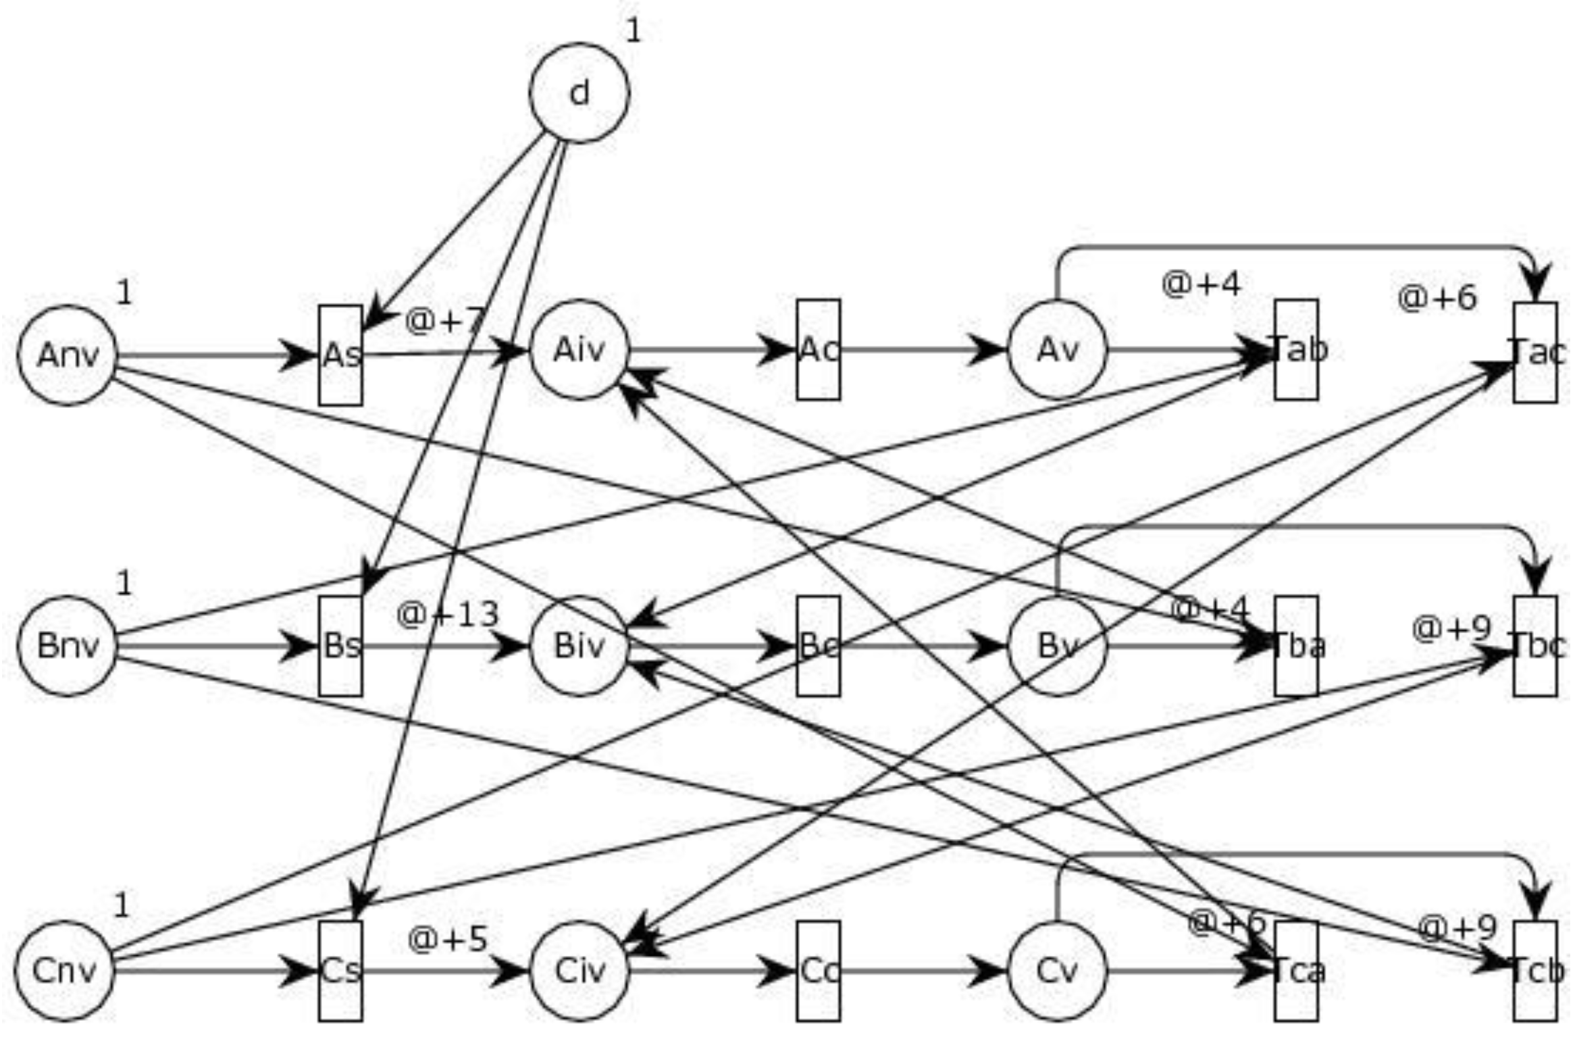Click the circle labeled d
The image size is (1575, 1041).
(x=579, y=93)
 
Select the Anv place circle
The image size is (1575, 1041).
(x=67, y=355)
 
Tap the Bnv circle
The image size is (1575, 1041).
(x=67, y=646)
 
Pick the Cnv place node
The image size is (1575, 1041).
(x=65, y=971)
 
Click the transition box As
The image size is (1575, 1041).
(x=340, y=355)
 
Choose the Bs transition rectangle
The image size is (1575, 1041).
(x=340, y=646)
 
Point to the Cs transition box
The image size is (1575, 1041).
(x=340, y=971)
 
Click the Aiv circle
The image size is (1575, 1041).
(x=579, y=350)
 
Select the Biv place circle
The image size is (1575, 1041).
(x=579, y=646)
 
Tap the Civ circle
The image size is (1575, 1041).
(x=579, y=971)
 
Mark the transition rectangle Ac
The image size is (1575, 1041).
(x=818, y=350)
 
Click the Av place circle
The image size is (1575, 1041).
(x=1057, y=350)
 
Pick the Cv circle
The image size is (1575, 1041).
(x=1057, y=971)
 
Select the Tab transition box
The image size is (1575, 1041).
(x=1296, y=350)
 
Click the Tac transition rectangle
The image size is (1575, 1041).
(x=1535, y=353)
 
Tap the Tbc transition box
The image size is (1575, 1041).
(x=1535, y=646)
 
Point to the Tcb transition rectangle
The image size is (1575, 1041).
(x=1535, y=971)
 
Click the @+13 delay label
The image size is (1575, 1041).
(x=447, y=614)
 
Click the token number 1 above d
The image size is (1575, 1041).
(x=633, y=31)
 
